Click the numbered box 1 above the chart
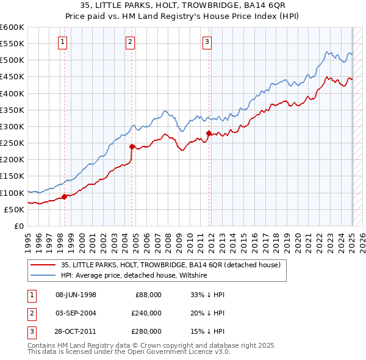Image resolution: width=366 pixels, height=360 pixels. (x=63, y=42)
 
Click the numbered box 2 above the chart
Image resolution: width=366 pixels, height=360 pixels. (x=131, y=42)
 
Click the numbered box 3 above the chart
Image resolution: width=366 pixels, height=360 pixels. (x=207, y=42)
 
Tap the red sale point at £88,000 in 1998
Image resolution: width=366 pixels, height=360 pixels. (x=64, y=196)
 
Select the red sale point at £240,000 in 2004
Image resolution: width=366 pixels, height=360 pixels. (x=132, y=146)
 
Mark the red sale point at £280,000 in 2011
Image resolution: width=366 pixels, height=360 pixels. (x=209, y=133)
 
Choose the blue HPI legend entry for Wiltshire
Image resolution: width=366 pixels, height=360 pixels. (x=134, y=276)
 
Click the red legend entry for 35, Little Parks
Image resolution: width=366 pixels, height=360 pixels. (x=170, y=265)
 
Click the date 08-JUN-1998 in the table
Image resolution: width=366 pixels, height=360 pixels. (x=76, y=295)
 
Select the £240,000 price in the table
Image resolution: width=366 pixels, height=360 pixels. (x=146, y=313)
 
